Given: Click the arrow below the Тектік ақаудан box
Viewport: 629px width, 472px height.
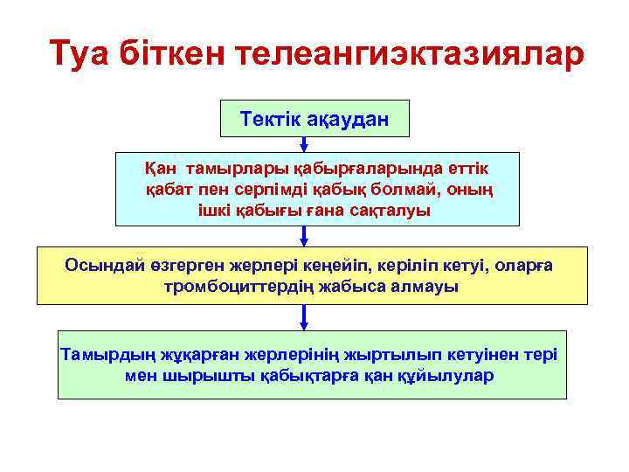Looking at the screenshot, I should tap(303, 143).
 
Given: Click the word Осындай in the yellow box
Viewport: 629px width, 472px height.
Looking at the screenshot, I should tap(96, 265).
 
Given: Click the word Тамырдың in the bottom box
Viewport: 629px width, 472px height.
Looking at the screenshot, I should tap(97, 354).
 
